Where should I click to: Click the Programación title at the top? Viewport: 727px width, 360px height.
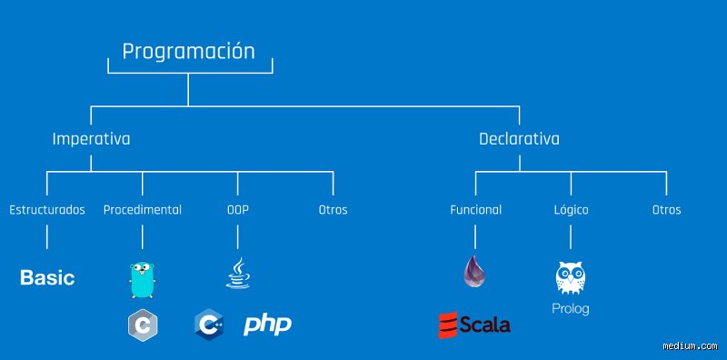[188, 52]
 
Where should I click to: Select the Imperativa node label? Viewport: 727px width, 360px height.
[91, 139]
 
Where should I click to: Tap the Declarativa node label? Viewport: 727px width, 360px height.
[519, 139]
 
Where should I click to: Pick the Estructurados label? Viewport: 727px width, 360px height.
[47, 210]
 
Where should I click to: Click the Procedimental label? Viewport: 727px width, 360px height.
[143, 210]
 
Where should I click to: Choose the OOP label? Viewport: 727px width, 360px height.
[238, 210]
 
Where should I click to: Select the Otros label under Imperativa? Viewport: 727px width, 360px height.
[333, 210]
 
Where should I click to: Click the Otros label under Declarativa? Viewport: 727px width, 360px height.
[667, 210]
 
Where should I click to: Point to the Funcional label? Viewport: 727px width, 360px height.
[475, 210]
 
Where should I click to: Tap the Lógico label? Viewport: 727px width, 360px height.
[571, 210]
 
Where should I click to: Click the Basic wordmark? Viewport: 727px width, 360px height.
[47, 278]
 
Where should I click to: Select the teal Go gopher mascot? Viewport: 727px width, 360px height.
[143, 280]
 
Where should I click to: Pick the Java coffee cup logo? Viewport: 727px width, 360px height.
[238, 274]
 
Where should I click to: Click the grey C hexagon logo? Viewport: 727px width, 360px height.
[143, 325]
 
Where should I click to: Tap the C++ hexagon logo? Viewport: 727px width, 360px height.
[209, 325]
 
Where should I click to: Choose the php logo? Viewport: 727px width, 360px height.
[267, 325]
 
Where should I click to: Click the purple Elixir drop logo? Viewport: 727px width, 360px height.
[474, 272]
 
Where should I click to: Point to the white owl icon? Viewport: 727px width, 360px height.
[571, 278]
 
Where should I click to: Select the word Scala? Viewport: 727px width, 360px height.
[484, 325]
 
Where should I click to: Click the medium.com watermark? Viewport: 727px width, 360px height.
[690, 345]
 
